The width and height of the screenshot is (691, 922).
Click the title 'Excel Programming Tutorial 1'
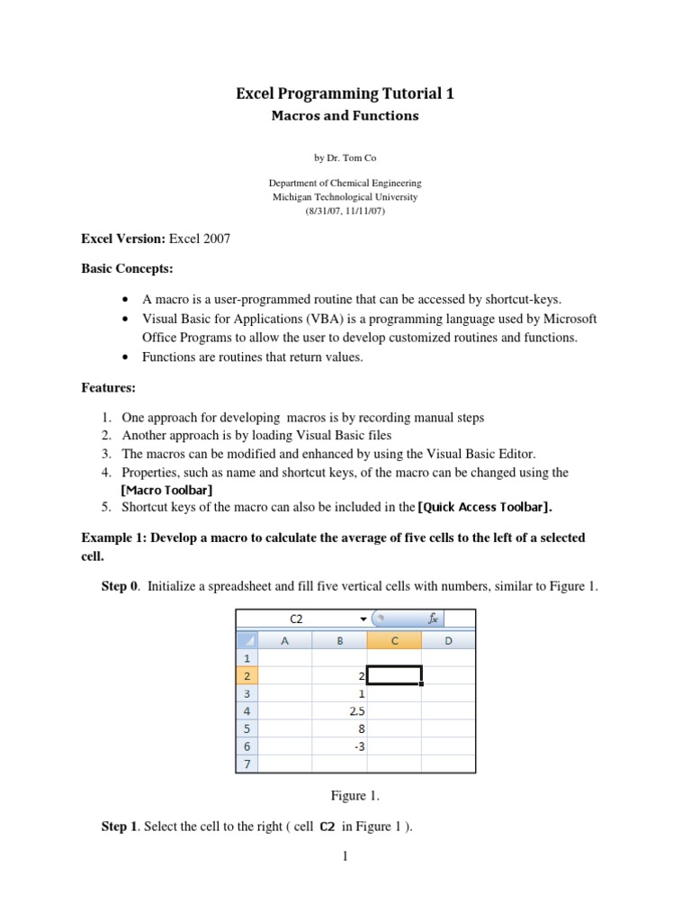(345, 94)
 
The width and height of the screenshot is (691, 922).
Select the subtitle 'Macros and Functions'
(345, 116)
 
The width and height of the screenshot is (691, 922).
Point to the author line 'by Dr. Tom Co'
(345, 158)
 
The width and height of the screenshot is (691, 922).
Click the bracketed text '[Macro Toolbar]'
(166, 490)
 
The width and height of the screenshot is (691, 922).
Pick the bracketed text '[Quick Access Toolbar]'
(484, 507)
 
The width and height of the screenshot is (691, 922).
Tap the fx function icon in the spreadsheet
(433, 619)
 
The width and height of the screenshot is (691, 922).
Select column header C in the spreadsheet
(394, 640)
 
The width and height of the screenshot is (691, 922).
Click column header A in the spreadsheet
(285, 640)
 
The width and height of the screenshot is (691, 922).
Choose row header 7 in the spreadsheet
(247, 764)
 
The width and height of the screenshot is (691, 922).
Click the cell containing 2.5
(340, 711)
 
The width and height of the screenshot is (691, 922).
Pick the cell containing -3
(340, 746)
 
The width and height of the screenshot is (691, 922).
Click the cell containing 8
(340, 728)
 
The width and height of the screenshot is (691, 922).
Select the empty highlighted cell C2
(394, 676)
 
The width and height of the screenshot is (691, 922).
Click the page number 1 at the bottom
(345, 856)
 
